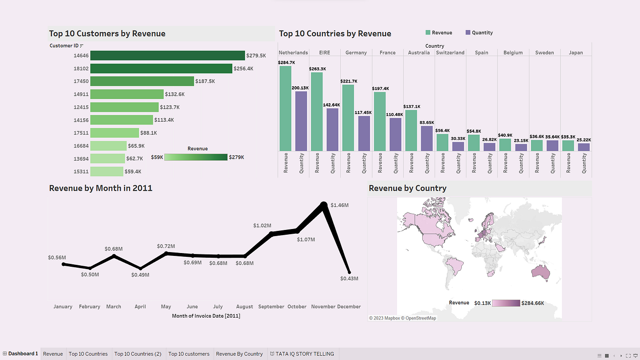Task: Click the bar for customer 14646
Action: [167, 56]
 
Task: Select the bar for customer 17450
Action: [142, 81]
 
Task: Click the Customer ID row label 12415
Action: [81, 107]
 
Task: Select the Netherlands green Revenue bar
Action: [285, 108]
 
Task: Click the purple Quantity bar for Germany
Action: [364, 133]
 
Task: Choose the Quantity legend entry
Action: [479, 33]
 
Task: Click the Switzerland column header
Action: [450, 53]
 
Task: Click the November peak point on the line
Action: [324, 205]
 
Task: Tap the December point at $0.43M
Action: [349, 272]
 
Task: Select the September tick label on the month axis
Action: [271, 307]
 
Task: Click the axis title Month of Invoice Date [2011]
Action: [206, 316]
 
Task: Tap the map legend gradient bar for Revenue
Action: [506, 303]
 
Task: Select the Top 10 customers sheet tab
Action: [189, 354]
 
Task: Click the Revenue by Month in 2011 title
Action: [101, 188]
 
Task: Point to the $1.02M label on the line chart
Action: [262, 226]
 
